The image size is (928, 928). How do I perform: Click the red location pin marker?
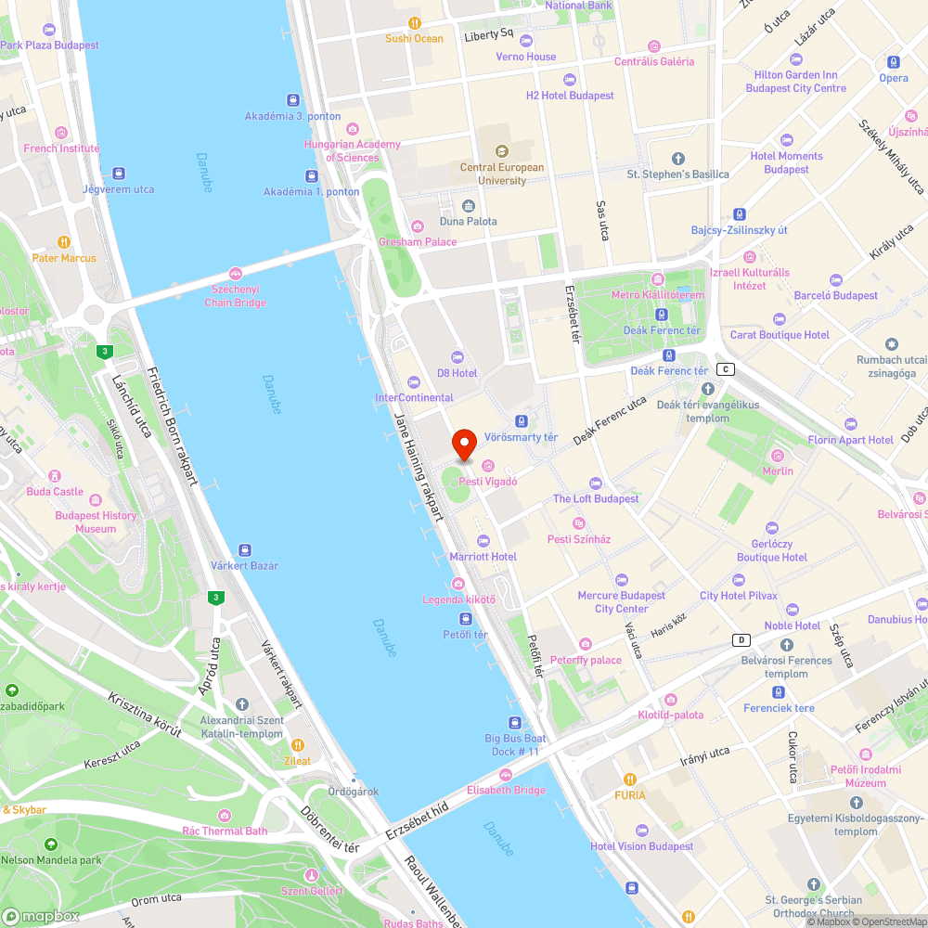464,445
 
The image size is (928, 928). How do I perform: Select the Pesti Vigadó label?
487,482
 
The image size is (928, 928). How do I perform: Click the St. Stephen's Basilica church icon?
677,159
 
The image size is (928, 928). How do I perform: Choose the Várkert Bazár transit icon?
245,550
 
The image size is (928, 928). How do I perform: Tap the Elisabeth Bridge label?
506,790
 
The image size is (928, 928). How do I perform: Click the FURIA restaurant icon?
630,780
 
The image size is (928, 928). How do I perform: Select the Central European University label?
502,174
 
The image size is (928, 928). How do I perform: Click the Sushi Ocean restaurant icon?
415,23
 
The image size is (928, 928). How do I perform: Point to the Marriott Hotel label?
483,556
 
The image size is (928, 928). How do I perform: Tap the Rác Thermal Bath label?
225,831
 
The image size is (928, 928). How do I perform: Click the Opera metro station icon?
894,62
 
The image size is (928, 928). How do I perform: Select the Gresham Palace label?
418,241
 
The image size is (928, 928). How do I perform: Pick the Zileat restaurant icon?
298,745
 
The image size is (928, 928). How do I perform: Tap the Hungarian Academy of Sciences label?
351,150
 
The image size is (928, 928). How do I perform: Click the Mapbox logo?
41,916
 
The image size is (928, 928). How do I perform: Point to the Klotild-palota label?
670,715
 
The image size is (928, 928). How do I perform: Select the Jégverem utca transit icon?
118,174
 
